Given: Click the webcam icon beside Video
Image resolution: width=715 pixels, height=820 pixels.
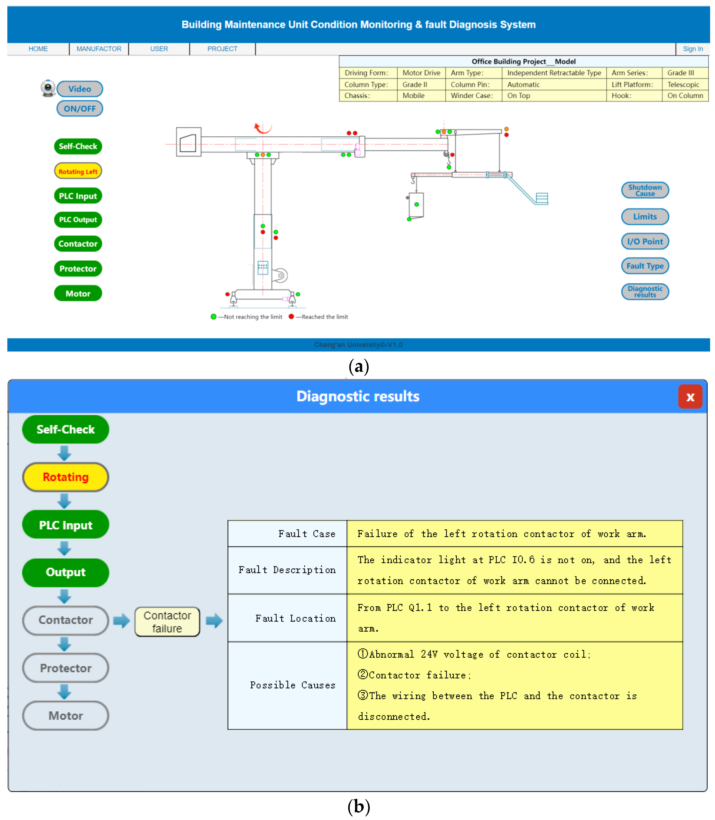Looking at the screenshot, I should coord(48,88).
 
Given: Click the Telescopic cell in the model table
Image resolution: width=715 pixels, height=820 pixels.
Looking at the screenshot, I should coord(683,84).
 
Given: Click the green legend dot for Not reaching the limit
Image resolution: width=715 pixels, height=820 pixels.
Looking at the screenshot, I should coord(213,316).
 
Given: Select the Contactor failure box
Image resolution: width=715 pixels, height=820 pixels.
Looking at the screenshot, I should coord(167,621).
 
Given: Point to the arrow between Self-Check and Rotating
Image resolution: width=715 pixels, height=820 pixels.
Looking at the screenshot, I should coord(64,453).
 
